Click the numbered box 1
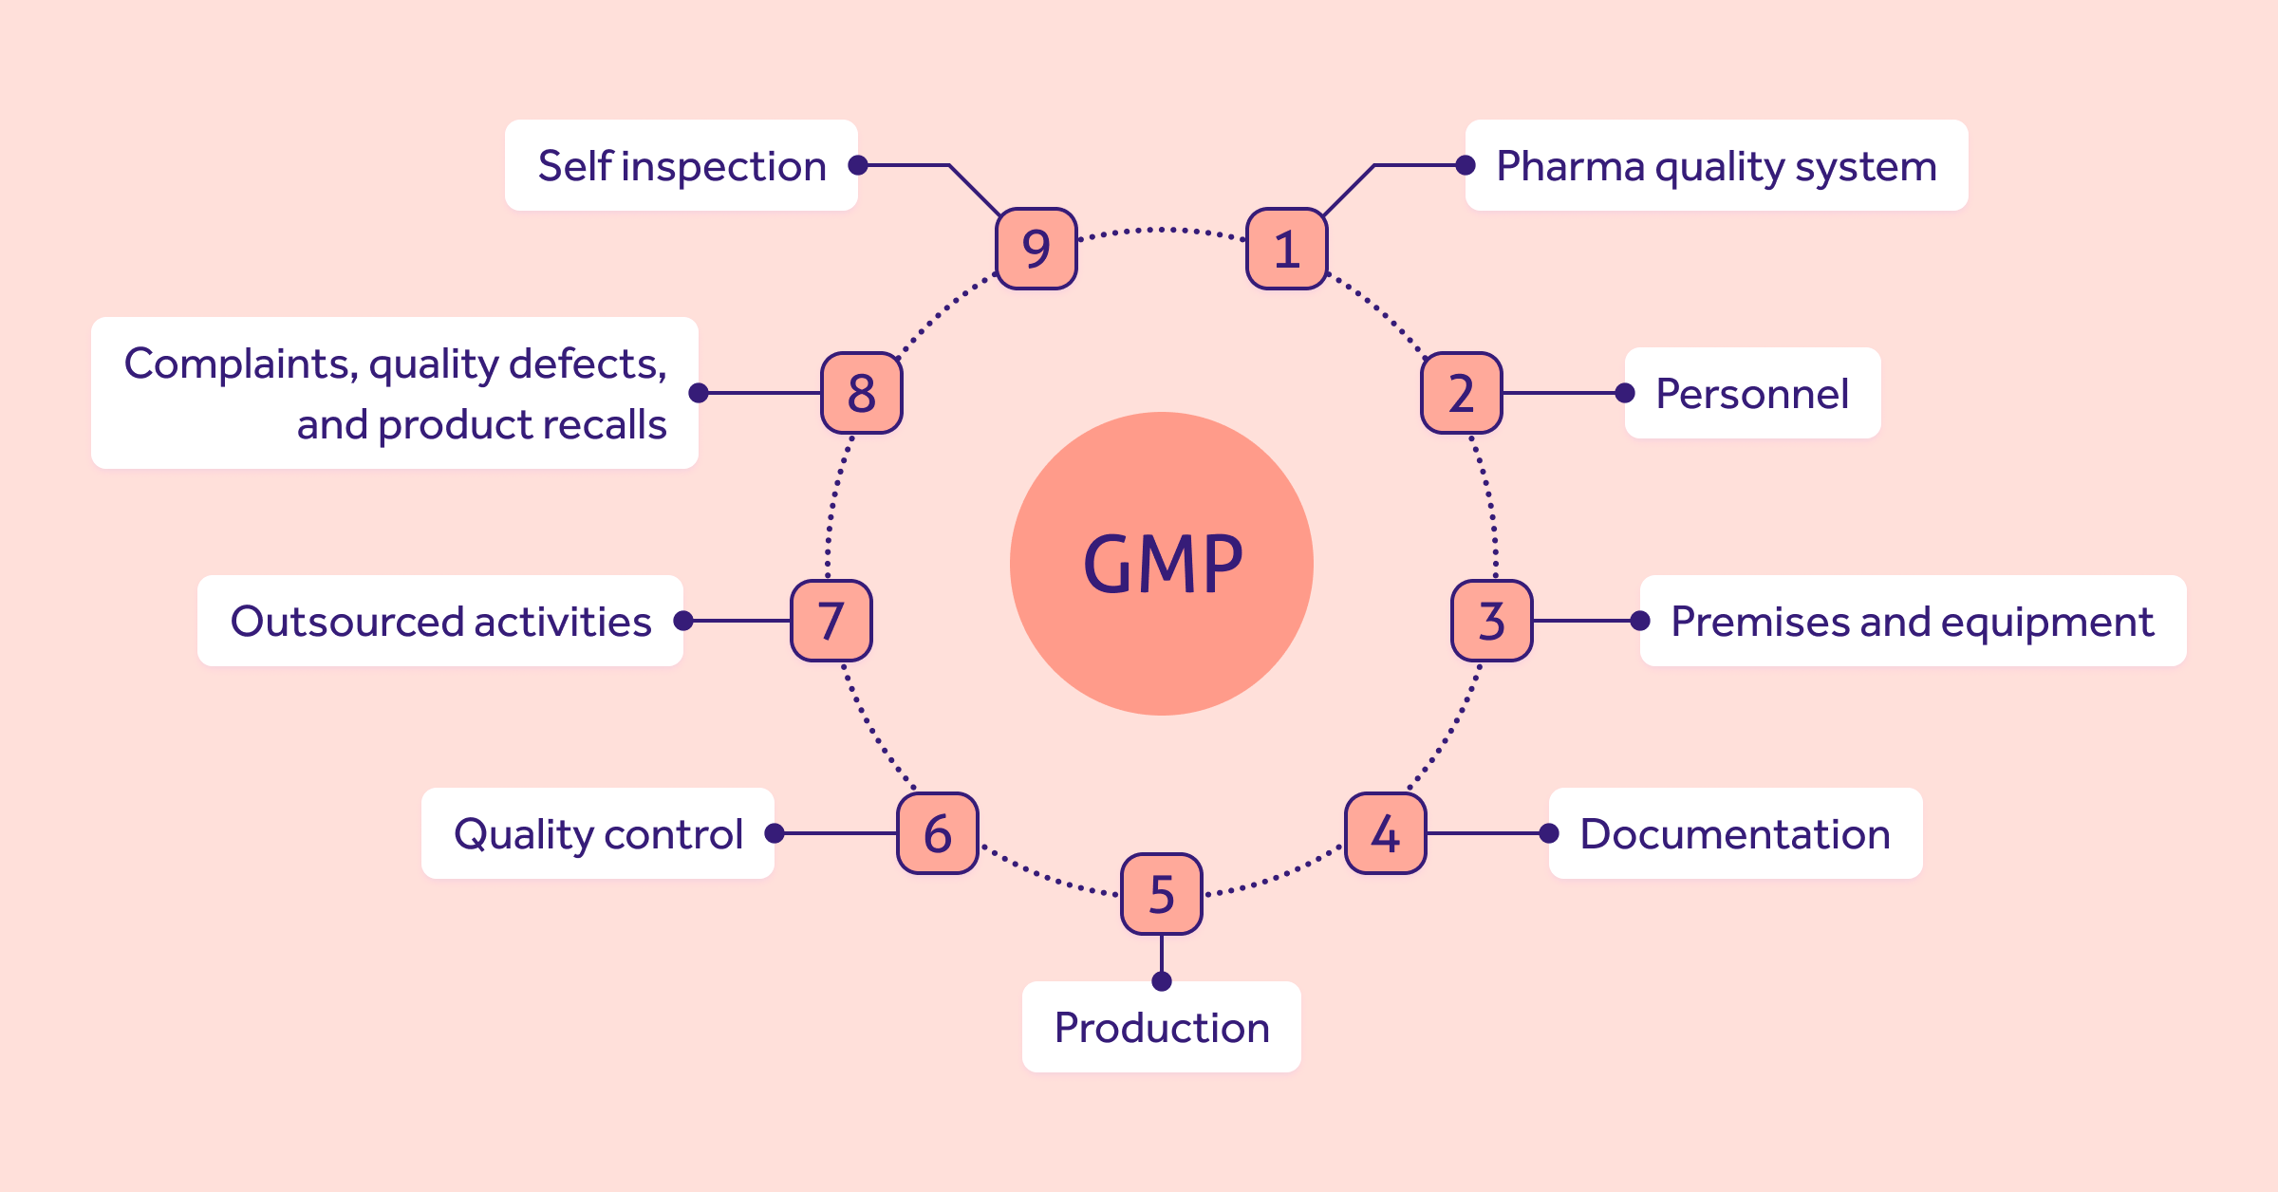1286,249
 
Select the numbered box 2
1461,393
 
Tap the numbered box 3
1491,621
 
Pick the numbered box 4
1385,833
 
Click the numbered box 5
1162,894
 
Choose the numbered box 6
937,833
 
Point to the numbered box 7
831,621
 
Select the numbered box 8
861,393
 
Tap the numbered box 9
1036,249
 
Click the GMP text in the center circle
1162,565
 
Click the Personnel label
1752,393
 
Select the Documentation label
1735,833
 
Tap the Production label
1162,1028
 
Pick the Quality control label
598,833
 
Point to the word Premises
1759,622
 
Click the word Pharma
1570,166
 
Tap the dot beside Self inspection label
858,165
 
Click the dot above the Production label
1162,981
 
